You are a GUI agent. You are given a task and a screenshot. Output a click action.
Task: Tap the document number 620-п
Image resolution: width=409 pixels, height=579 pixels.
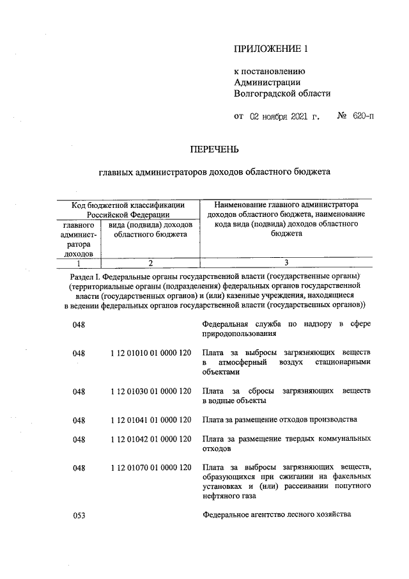(362, 117)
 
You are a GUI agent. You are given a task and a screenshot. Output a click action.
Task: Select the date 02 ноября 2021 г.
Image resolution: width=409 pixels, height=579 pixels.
(284, 117)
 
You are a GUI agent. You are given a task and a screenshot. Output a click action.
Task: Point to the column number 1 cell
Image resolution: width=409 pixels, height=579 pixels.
(78, 262)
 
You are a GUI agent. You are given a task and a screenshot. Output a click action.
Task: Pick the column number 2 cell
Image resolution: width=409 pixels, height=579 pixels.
(150, 262)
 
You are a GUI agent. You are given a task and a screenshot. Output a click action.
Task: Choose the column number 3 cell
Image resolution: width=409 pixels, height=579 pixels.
(286, 262)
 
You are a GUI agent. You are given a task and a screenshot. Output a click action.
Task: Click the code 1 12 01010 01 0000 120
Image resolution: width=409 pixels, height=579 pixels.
(151, 353)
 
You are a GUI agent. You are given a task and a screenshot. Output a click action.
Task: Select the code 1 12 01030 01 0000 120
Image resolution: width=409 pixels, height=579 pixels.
(151, 390)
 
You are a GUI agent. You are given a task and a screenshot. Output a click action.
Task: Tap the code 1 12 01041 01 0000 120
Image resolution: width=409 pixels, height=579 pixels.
(151, 420)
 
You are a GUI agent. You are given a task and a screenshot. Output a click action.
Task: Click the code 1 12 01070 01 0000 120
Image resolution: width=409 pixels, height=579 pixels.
(151, 468)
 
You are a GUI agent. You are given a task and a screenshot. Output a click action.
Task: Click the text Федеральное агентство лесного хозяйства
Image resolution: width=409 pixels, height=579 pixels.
(276, 515)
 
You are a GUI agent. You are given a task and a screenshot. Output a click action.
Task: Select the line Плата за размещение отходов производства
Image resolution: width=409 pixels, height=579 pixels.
(279, 420)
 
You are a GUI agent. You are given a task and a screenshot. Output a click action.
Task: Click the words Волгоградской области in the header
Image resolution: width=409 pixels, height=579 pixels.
(282, 93)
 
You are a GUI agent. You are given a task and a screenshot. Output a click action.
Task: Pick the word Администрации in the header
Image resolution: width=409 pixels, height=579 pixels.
(268, 83)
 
